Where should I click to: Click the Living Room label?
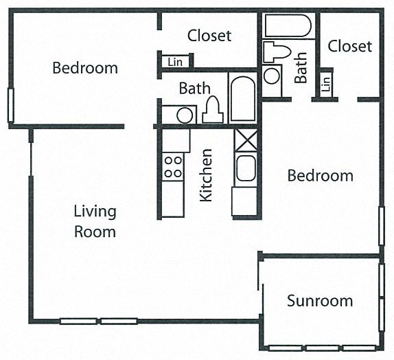point(95,221)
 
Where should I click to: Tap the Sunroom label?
point(320,301)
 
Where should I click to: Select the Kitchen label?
point(205,175)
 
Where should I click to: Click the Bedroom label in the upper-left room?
point(85,68)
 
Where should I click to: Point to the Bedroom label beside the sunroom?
point(320,176)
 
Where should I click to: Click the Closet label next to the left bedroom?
point(209,35)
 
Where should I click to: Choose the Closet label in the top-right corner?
point(349,46)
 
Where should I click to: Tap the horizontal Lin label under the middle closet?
point(175,62)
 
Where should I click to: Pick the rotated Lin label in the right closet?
point(325,84)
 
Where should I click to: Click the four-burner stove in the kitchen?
point(173,166)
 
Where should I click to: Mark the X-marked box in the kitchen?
point(244,140)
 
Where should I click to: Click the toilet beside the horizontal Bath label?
point(212,110)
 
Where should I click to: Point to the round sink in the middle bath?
point(185,114)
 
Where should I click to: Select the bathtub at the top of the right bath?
point(288,26)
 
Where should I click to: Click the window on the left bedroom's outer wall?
point(10,105)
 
